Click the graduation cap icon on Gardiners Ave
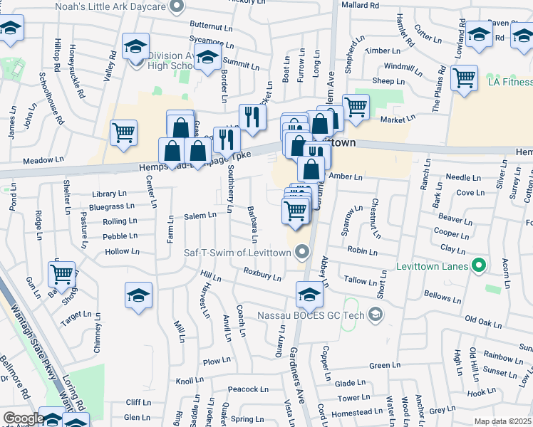pyautogui.click(x=309, y=293)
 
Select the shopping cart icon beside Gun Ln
pyautogui.click(x=62, y=273)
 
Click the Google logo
pyautogui.click(x=23, y=418)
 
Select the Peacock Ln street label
pyautogui.click(x=248, y=389)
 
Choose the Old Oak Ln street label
pyautogui.click(x=484, y=321)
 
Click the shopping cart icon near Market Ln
pyautogui.click(x=356, y=107)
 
